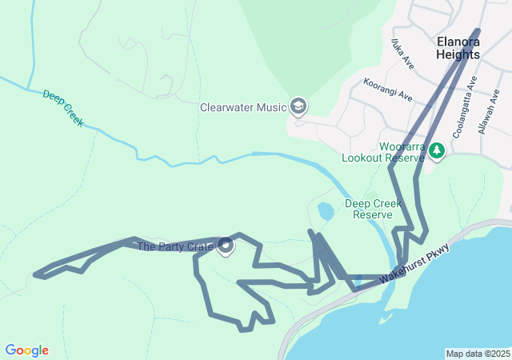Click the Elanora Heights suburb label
point(458,48)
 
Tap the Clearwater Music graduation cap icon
point(298,106)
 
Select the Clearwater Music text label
point(242,106)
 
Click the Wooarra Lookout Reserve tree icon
point(437,150)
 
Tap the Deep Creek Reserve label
point(368,209)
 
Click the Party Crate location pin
point(225,246)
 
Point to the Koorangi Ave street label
point(387,90)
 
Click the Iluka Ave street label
point(402,53)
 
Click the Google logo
point(26,350)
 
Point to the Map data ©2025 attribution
point(478,354)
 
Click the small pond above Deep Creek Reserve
point(326,212)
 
